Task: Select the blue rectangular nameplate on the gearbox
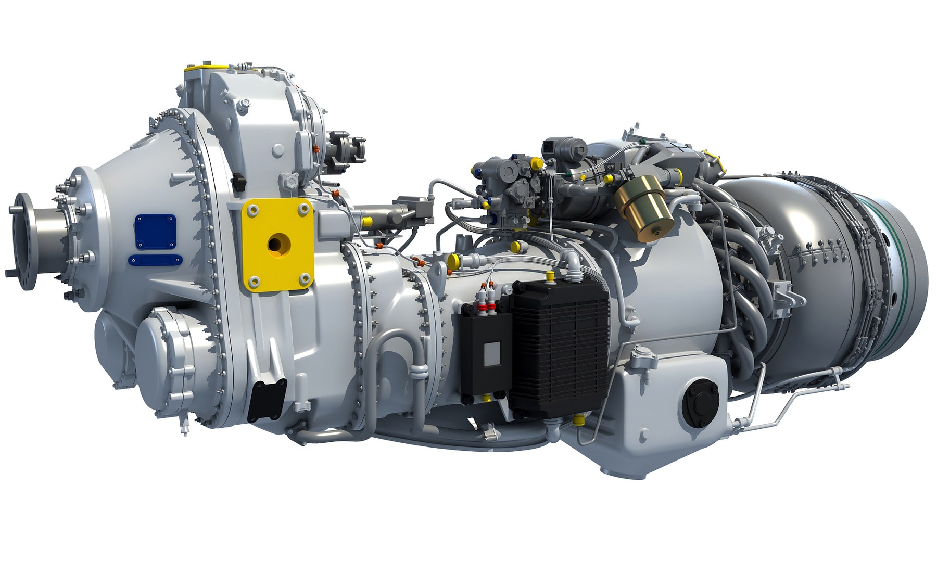155,232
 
